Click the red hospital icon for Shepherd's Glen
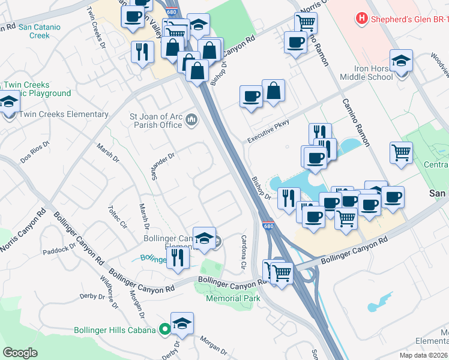pyautogui.click(x=361, y=18)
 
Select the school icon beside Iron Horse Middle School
pyautogui.click(x=401, y=62)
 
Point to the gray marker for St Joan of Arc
pyautogui.click(x=192, y=120)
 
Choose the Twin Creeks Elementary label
pyautogui.click(x=64, y=114)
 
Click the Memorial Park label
pyautogui.click(x=233, y=298)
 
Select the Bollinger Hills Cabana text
pyautogui.click(x=115, y=329)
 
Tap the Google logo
pyautogui.click(x=20, y=353)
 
